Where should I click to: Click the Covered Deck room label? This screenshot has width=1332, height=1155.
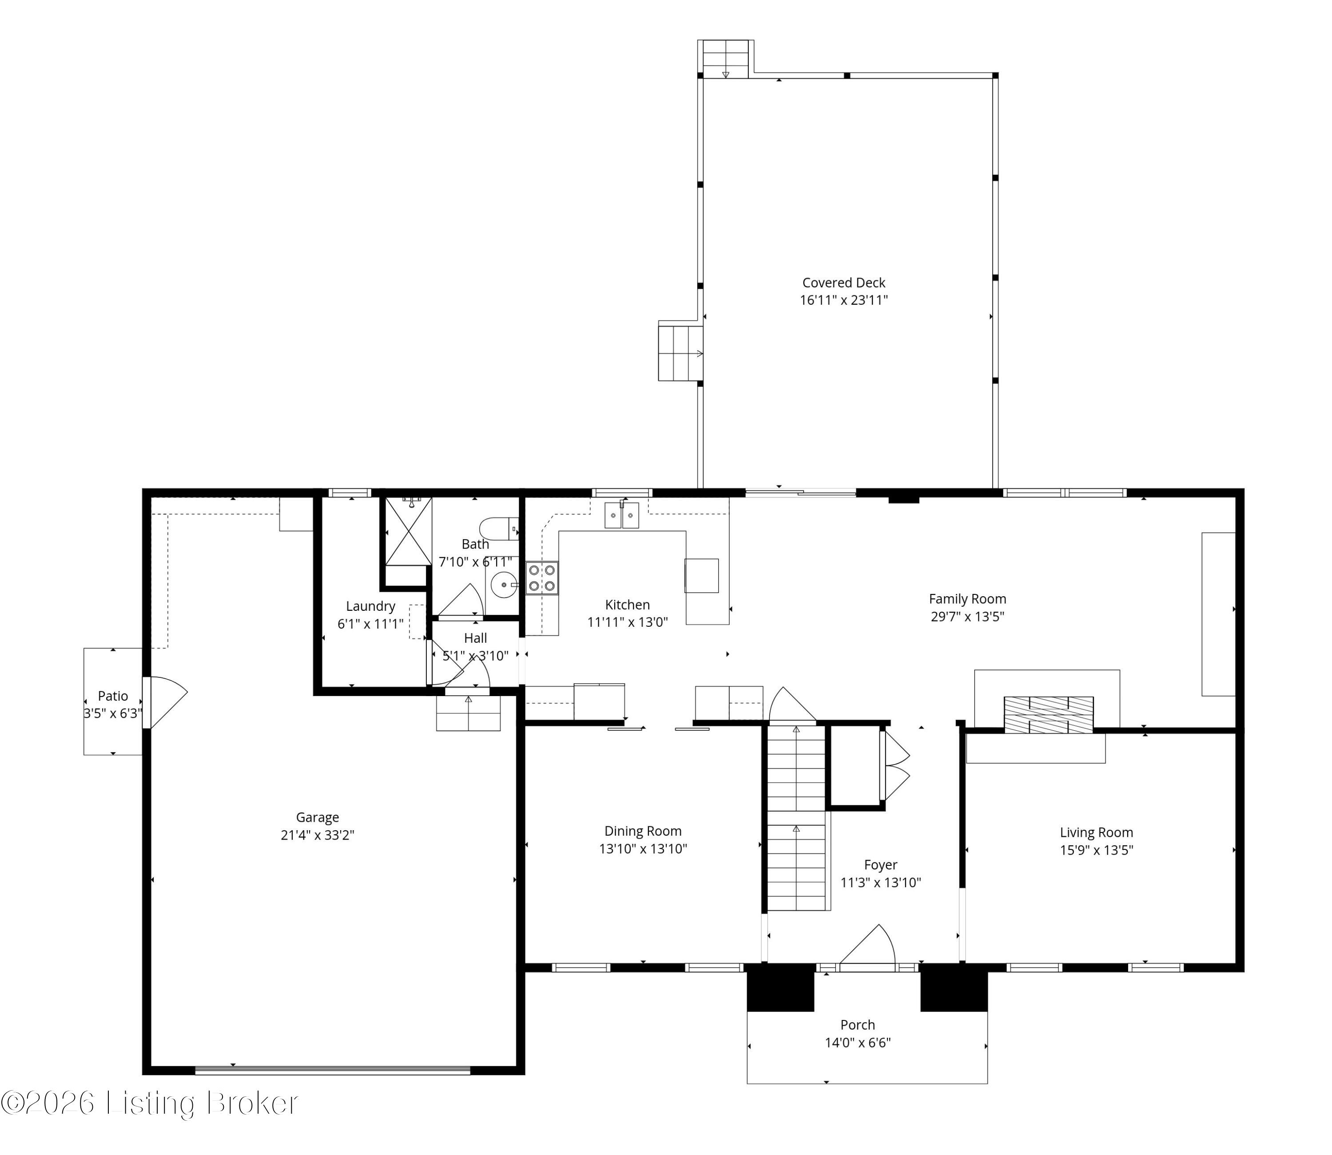(x=843, y=282)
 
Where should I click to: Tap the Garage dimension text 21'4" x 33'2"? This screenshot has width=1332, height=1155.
(x=318, y=835)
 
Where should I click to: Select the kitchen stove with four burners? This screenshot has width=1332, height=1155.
(x=542, y=578)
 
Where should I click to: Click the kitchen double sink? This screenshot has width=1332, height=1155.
(x=621, y=515)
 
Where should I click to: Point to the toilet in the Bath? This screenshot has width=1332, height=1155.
(x=499, y=529)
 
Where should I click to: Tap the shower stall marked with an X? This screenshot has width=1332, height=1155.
(x=409, y=532)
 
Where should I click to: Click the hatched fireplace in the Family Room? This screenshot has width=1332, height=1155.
(x=1049, y=715)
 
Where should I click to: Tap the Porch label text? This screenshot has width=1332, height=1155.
(x=858, y=1025)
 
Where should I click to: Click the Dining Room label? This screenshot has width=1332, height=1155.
(x=643, y=831)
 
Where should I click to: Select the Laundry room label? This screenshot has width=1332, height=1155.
(x=370, y=606)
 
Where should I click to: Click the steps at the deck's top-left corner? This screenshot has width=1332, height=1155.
(x=726, y=59)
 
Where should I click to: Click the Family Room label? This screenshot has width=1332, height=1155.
(x=967, y=599)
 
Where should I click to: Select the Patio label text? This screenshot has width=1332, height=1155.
(x=113, y=696)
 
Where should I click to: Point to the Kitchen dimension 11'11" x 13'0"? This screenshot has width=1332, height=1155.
(x=627, y=622)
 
